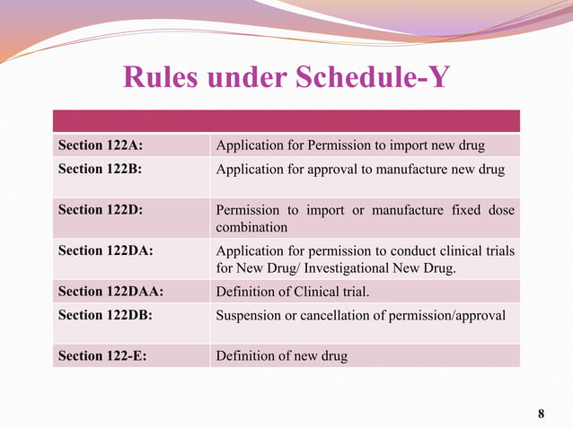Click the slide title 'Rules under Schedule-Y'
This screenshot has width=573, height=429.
tap(286, 77)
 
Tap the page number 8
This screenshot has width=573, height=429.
tap(541, 414)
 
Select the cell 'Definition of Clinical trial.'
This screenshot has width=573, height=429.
tap(293, 291)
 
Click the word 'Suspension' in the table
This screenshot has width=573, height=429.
tap(250, 314)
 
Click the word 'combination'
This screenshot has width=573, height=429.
tap(251, 228)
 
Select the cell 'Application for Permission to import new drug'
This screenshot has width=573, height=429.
tap(351, 145)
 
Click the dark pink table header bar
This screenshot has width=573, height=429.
tap(286, 120)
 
